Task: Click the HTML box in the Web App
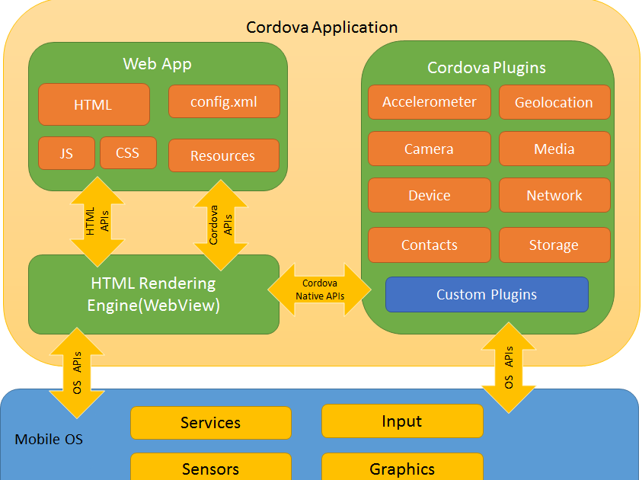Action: pyautogui.click(x=94, y=104)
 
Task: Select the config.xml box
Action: pyautogui.click(x=224, y=101)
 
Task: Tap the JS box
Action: pyautogui.click(x=66, y=153)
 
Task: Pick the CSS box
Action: pyautogui.click(x=128, y=153)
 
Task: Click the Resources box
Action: pyautogui.click(x=223, y=155)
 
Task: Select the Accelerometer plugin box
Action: pyautogui.click(x=430, y=102)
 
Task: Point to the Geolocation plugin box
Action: pyautogui.click(x=554, y=102)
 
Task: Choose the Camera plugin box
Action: pyautogui.click(x=430, y=149)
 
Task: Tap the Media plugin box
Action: pyautogui.click(x=554, y=149)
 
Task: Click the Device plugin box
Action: pyautogui.click(x=430, y=195)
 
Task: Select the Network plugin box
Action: pyautogui.click(x=554, y=195)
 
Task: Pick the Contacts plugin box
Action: pyautogui.click(x=430, y=245)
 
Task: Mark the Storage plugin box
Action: pyautogui.click(x=554, y=245)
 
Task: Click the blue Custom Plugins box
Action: pyautogui.click(x=487, y=295)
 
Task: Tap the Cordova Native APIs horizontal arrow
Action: pyautogui.click(x=319, y=290)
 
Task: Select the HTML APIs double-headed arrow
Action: pyautogui.click(x=97, y=220)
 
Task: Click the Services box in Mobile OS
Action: pyautogui.click(x=211, y=423)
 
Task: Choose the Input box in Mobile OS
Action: pyautogui.click(x=402, y=421)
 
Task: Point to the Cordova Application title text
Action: pyautogui.click(x=321, y=27)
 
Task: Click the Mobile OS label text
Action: pyautogui.click(x=49, y=440)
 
